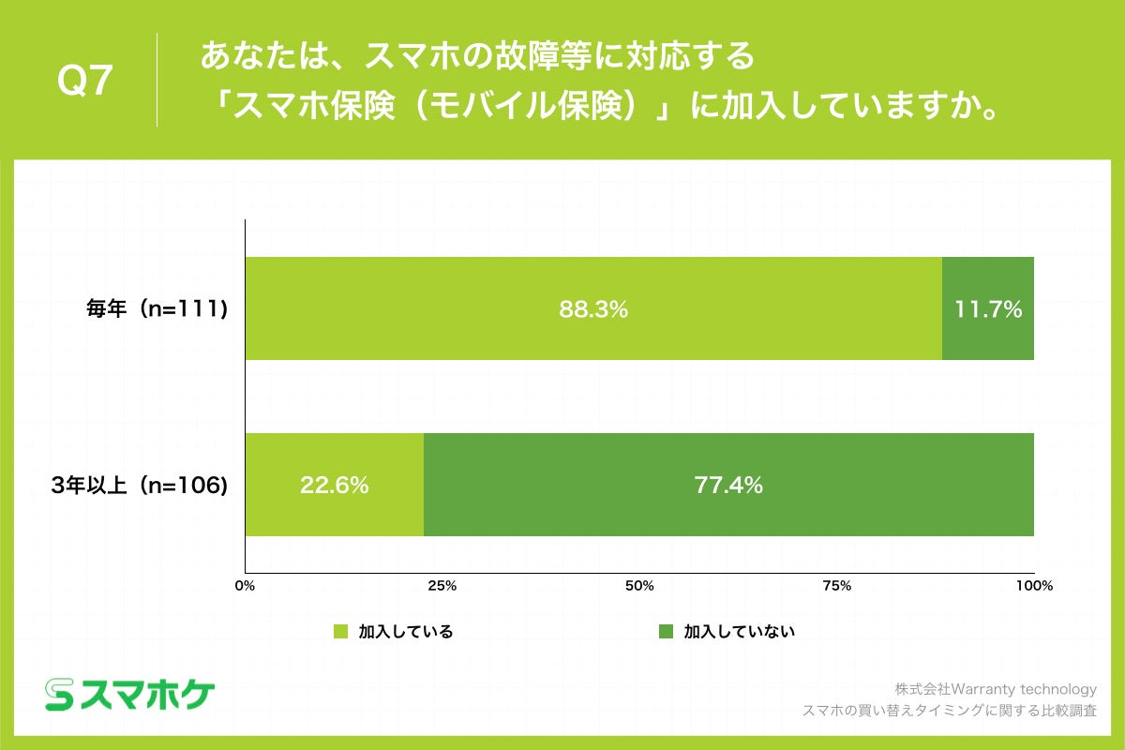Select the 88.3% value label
pos(592,308)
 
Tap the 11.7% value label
pos(987,308)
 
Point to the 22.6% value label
pos(334,485)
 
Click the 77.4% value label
pos(728,485)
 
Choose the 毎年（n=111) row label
pos(154,308)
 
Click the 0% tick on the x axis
pos(245,586)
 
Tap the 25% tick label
pos(442,586)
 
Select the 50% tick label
pos(639,586)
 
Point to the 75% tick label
pos(836,586)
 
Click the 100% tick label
pos(1034,586)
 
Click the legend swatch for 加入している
pos(341,631)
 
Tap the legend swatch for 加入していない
pos(667,631)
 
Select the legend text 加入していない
pos(739,631)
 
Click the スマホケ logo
pos(130,694)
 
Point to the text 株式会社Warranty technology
pos(995,689)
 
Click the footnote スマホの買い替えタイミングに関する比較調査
pos(950,711)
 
